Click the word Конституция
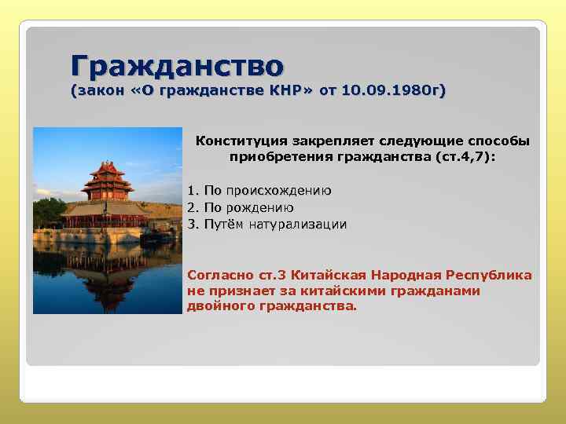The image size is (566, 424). click(241, 141)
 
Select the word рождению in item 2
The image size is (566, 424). click(259, 208)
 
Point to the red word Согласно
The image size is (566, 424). click(221, 276)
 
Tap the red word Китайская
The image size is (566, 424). click(325, 276)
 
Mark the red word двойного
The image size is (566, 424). click(219, 305)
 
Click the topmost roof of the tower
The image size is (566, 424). click(107, 167)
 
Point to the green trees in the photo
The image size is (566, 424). click(49, 212)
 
